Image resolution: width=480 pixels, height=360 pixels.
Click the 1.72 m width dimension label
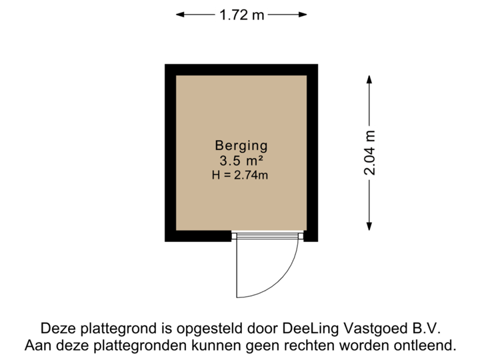coord(241,14)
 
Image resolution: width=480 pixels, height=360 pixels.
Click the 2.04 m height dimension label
coord(371,153)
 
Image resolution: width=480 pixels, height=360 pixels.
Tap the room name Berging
coord(241,145)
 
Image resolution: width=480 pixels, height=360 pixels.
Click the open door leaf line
coord(237,270)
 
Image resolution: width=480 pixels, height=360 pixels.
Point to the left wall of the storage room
coord(170,153)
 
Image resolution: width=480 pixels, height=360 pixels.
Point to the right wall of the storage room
coord(312,153)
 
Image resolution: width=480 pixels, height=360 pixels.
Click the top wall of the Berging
coord(241,69)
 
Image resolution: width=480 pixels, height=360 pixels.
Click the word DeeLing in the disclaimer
coord(309,329)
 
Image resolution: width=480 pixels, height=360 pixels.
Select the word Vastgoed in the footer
coord(371,329)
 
